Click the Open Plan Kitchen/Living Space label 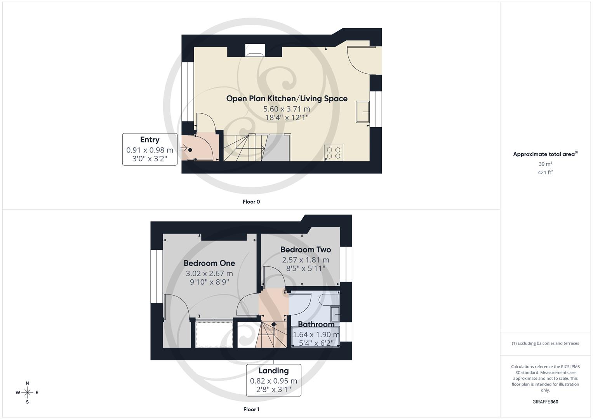[287, 99]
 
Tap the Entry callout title [150, 140]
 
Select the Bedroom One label [209, 263]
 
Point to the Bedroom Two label [306, 249]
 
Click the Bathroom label [316, 324]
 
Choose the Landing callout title [273, 371]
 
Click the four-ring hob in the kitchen [334, 152]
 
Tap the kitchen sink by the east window [363, 112]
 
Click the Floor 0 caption [251, 202]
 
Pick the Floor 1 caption [251, 409]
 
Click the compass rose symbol [27, 393]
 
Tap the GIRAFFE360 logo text [545, 402]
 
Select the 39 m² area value [545, 164]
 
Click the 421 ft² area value [545, 173]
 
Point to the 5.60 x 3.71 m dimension [287, 109]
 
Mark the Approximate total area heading [545, 154]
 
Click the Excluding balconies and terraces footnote [545, 343]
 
